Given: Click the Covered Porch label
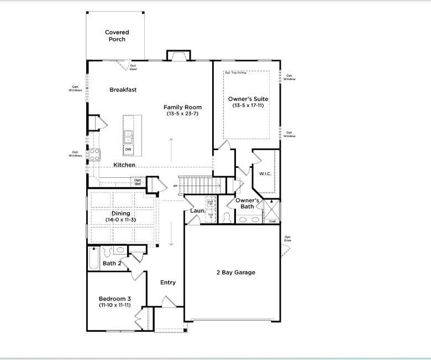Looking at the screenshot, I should tap(117, 36).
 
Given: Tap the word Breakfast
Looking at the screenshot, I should tap(123, 89).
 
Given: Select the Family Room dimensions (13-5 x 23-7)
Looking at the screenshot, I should tap(182, 114).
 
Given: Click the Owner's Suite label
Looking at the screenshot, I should tap(248, 99).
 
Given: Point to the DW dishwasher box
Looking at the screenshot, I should tap(128, 149).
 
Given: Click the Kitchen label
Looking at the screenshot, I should tap(124, 165).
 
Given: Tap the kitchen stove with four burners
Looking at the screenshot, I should tap(94, 155).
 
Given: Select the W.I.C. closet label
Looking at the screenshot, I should tap(265, 174).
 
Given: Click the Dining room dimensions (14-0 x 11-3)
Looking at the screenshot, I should tap(121, 220).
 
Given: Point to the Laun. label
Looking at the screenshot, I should tap(198, 210).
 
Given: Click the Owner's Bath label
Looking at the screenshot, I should tap(248, 203).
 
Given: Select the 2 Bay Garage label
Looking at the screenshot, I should tap(235, 272).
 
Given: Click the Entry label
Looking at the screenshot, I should tap(168, 282).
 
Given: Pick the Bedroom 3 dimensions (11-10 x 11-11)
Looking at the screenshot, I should tap(114, 305).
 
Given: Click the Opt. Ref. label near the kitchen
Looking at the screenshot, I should tap(138, 182).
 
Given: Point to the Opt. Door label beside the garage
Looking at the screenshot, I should tap(288, 239).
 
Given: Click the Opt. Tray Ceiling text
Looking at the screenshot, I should tap(235, 73).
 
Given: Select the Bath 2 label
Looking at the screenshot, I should tap(112, 263).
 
